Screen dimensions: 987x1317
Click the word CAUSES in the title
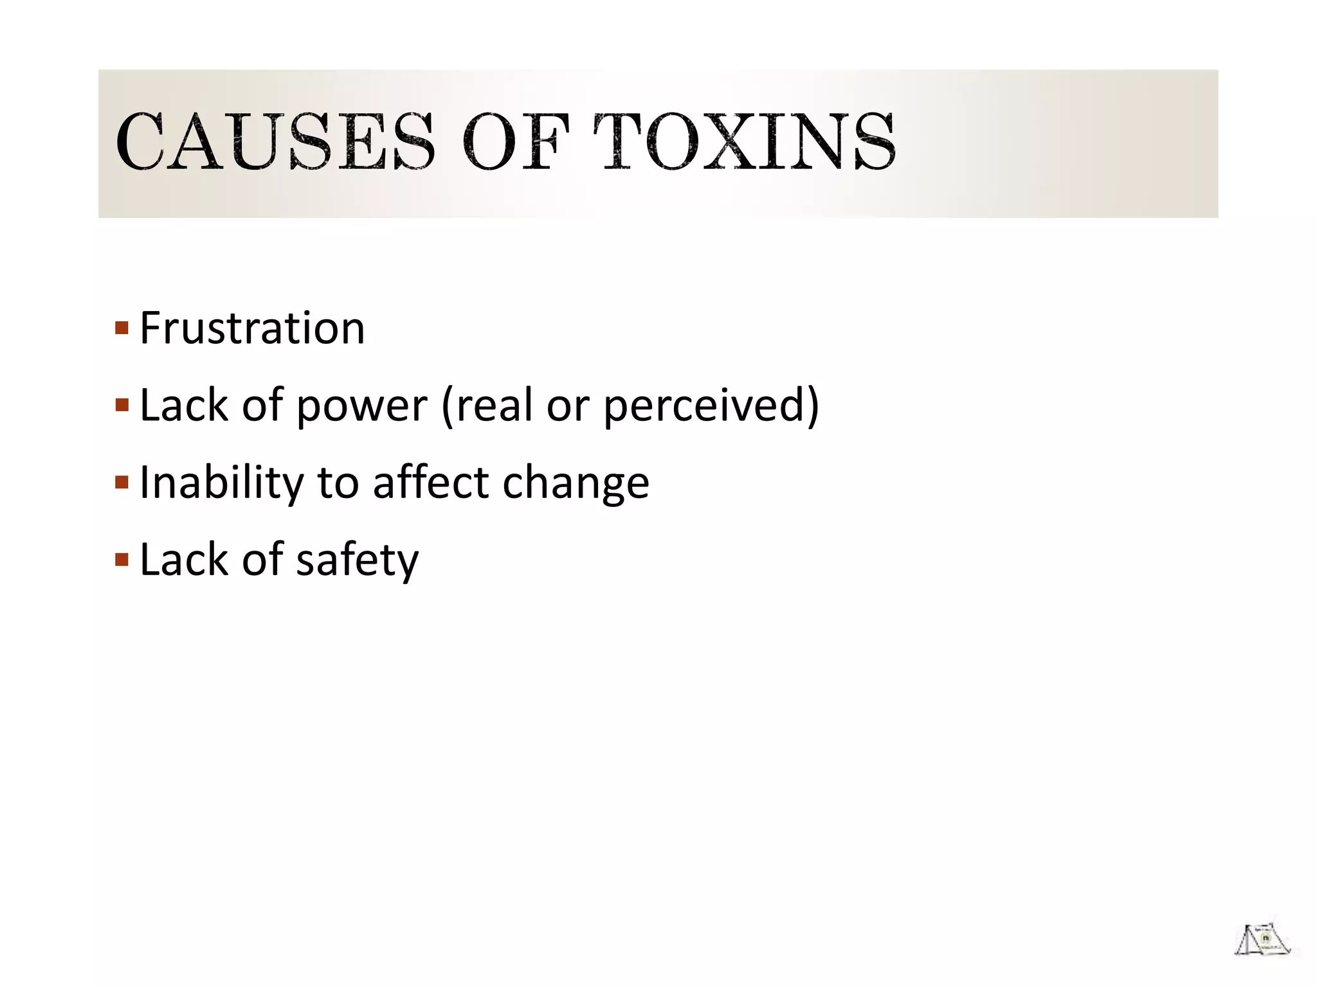[x=275, y=142]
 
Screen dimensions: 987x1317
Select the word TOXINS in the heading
[x=744, y=142]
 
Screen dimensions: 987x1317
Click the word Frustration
[x=252, y=328]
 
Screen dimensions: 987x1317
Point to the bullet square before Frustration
[x=122, y=328]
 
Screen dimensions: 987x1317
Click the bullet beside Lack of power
[x=122, y=405]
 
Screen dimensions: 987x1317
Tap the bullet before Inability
[x=122, y=483]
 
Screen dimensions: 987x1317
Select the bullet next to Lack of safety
[x=122, y=560]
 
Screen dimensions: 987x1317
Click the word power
[x=361, y=407]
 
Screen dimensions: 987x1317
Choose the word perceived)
[x=711, y=407]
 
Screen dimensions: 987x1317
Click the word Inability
[x=221, y=483]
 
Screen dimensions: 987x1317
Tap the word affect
[x=431, y=483]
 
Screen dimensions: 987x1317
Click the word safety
[x=357, y=561]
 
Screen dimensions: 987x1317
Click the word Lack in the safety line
[x=184, y=560]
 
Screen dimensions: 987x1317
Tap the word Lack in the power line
[x=184, y=405]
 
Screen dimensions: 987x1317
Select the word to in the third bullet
[x=338, y=483]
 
